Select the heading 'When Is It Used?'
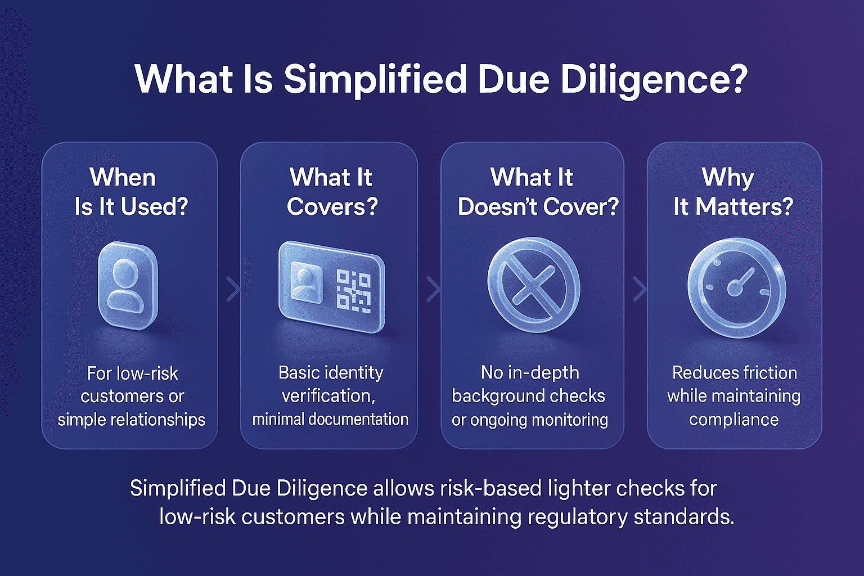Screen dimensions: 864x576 pos(131,192)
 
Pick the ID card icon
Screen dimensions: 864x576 pos(331,287)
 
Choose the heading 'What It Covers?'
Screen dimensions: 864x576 pos(331,192)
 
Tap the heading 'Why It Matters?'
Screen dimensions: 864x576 pos(732,192)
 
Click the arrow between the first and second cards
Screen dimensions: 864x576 pos(233,289)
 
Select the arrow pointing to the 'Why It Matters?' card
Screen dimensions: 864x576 pos(640,289)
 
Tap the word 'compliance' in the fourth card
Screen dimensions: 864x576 pos(733,420)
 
